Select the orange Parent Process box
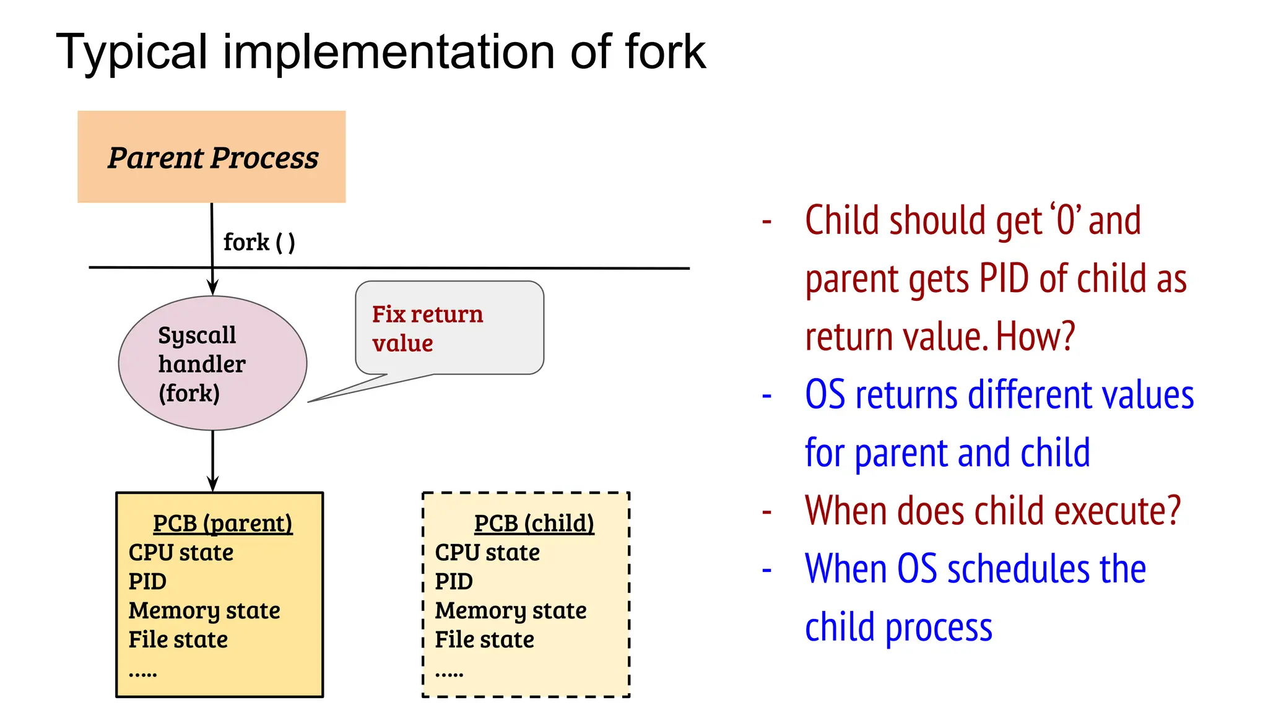click(211, 157)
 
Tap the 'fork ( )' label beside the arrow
click(259, 242)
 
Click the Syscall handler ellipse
click(212, 363)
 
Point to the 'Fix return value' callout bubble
click(449, 328)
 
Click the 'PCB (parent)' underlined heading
click(222, 524)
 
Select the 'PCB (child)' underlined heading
click(534, 524)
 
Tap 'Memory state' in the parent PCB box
click(204, 611)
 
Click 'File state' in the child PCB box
click(484, 640)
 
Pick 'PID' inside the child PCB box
click(454, 582)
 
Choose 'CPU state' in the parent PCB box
click(181, 553)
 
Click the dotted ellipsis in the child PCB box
click(449, 674)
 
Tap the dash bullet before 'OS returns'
click(766, 395)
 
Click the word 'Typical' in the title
click(131, 52)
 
